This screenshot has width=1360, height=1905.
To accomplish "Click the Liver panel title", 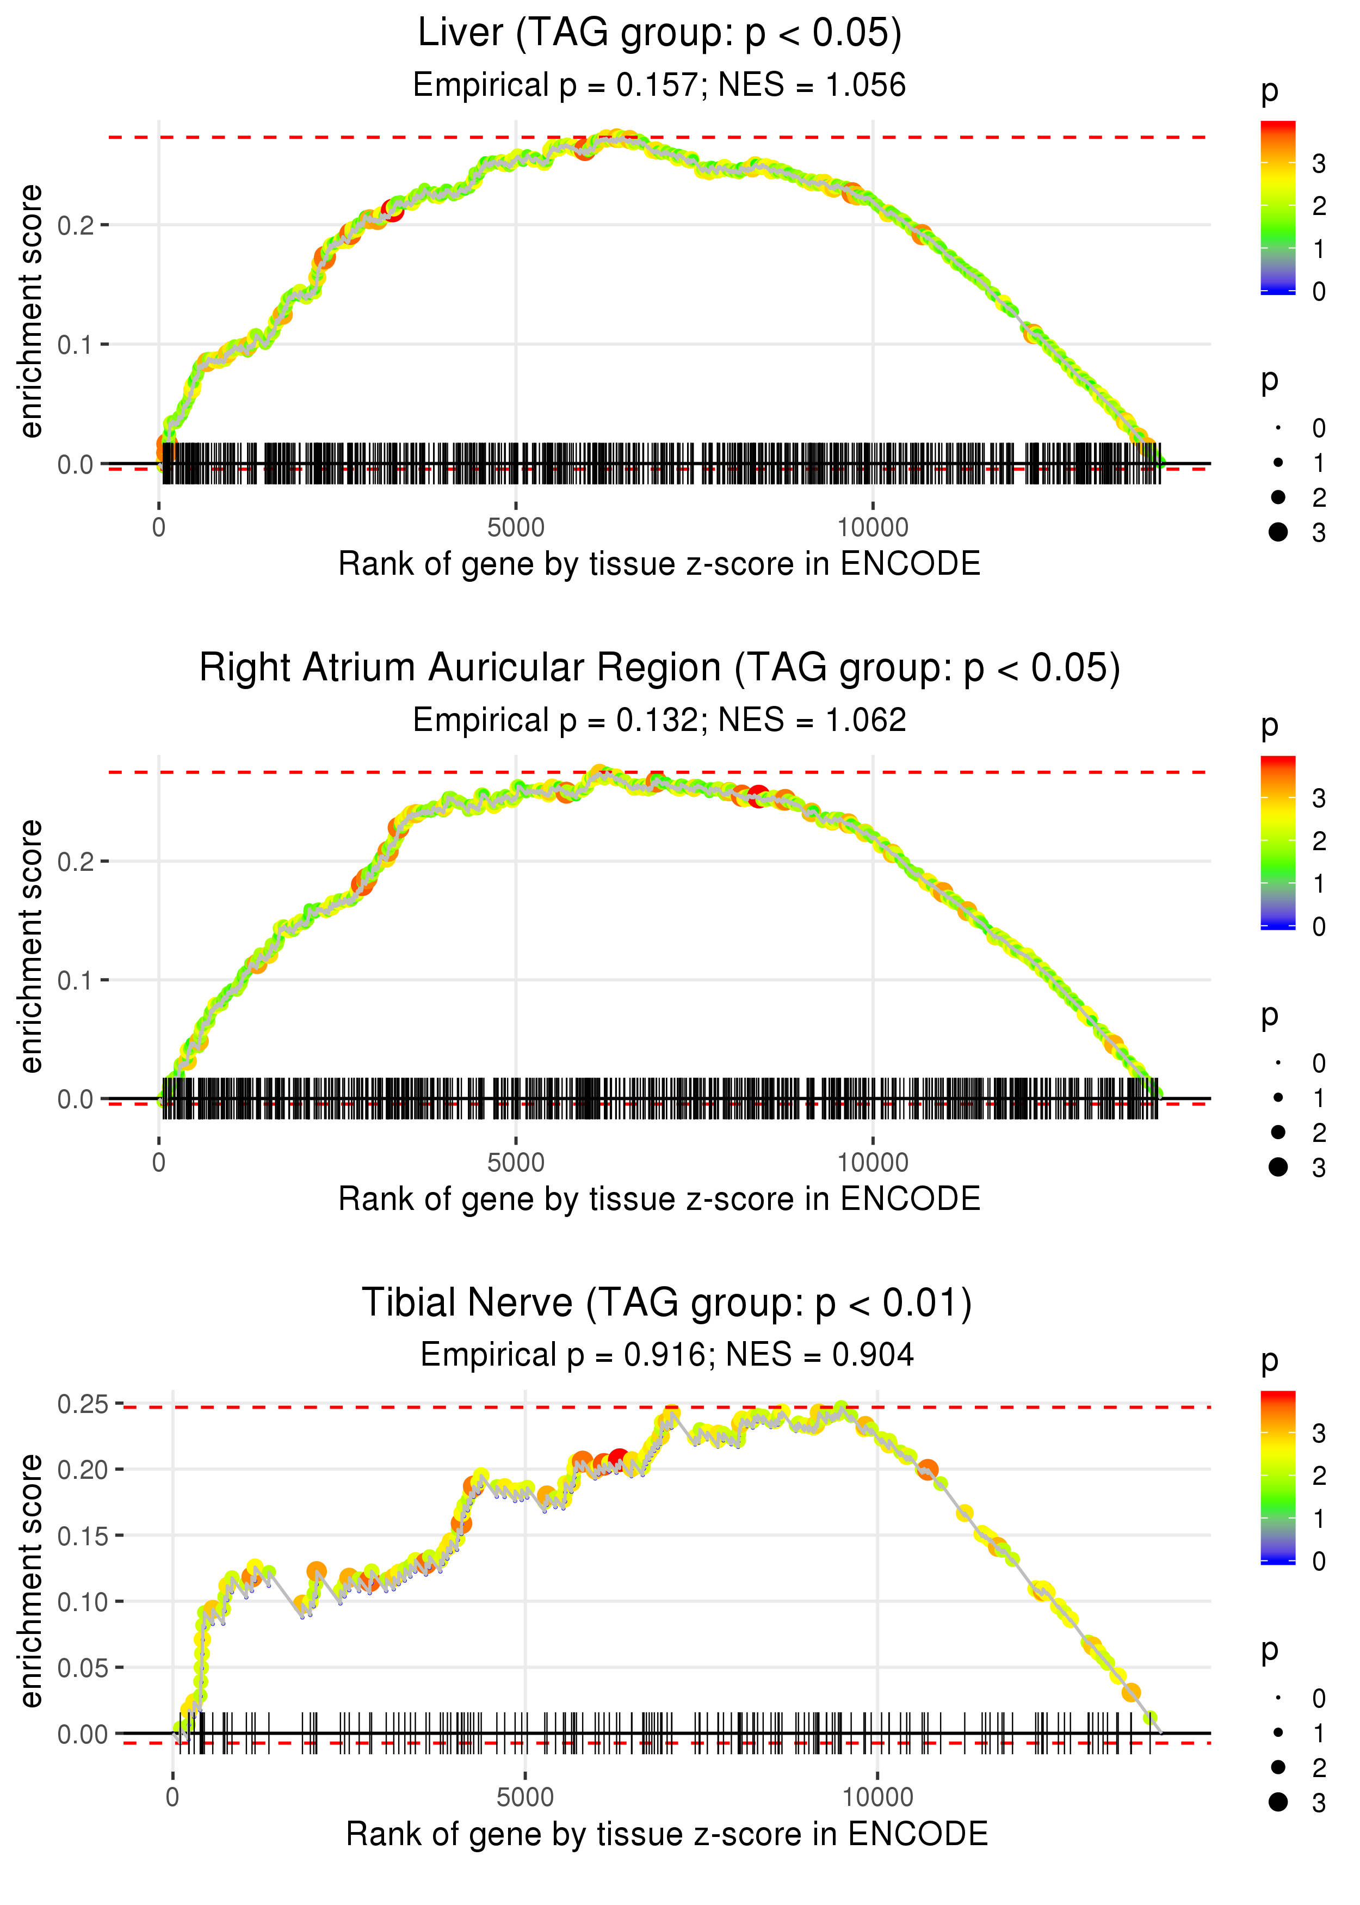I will (x=659, y=34).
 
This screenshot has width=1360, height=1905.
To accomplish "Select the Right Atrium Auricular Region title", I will (x=659, y=668).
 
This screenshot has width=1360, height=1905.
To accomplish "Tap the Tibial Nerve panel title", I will (x=666, y=1304).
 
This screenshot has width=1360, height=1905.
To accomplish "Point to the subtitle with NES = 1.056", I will (x=659, y=85).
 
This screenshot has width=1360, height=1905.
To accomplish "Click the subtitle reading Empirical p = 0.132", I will (x=659, y=721).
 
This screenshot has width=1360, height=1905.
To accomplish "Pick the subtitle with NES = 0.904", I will (x=666, y=1355).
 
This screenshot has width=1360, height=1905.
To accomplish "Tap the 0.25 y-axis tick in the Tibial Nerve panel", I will (x=84, y=1404).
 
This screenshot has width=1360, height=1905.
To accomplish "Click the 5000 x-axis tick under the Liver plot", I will (x=516, y=528).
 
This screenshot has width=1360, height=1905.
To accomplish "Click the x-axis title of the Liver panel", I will (x=659, y=564).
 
